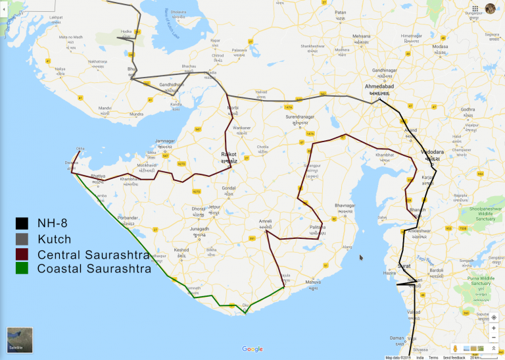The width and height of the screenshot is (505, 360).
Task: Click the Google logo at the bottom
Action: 252,349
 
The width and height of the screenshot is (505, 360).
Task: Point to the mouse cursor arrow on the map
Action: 361,258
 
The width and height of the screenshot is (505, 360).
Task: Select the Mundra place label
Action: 136,114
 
